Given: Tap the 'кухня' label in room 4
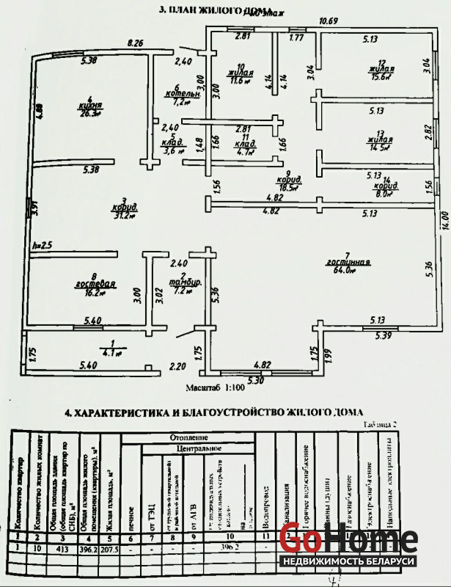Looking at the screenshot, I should pos(90,105).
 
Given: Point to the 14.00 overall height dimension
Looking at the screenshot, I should pos(444,219).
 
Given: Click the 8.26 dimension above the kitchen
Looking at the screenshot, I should pos(134,44).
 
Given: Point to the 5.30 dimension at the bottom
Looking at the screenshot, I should pos(255,380).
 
